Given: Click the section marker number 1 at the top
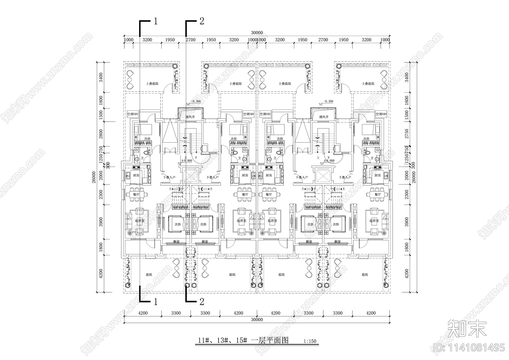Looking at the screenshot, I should click(156, 21).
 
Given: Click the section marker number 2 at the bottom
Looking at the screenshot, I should click(202, 301).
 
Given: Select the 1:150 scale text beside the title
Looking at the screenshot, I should click(310, 341).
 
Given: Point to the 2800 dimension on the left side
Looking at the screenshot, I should click(101, 134).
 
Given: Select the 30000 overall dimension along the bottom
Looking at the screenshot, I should click(257, 320).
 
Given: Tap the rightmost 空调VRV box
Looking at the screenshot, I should click(381, 114).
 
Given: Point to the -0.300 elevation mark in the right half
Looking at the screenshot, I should click(328, 102).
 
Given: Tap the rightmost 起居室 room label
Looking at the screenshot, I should click(374, 221).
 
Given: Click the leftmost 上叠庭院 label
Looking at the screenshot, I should click(152, 84).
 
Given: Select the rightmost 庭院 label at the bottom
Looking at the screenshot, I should click(365, 274).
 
